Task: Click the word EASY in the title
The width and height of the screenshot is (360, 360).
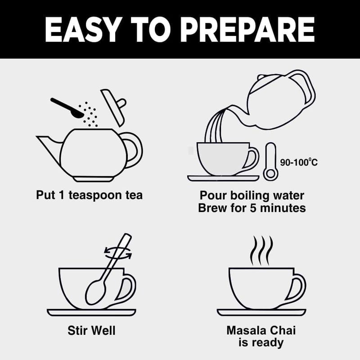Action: tap(83, 29)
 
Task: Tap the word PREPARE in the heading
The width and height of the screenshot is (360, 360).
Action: tap(249, 29)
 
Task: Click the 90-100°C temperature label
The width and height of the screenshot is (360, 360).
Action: tap(299, 162)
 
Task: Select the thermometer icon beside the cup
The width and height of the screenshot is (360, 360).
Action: tap(270, 162)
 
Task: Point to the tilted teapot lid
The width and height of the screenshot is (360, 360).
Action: tap(114, 108)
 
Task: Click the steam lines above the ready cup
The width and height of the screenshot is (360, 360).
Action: tap(262, 251)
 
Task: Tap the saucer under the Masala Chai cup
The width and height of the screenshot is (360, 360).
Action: tap(261, 312)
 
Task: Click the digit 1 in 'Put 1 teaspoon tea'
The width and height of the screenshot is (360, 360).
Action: tap(61, 195)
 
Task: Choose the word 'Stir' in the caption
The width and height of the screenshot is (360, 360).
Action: tap(76, 330)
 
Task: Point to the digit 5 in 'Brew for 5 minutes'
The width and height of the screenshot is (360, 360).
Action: tap(253, 208)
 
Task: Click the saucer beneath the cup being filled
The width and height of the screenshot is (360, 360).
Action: tap(223, 178)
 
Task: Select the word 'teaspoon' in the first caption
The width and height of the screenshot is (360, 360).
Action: tap(95, 195)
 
